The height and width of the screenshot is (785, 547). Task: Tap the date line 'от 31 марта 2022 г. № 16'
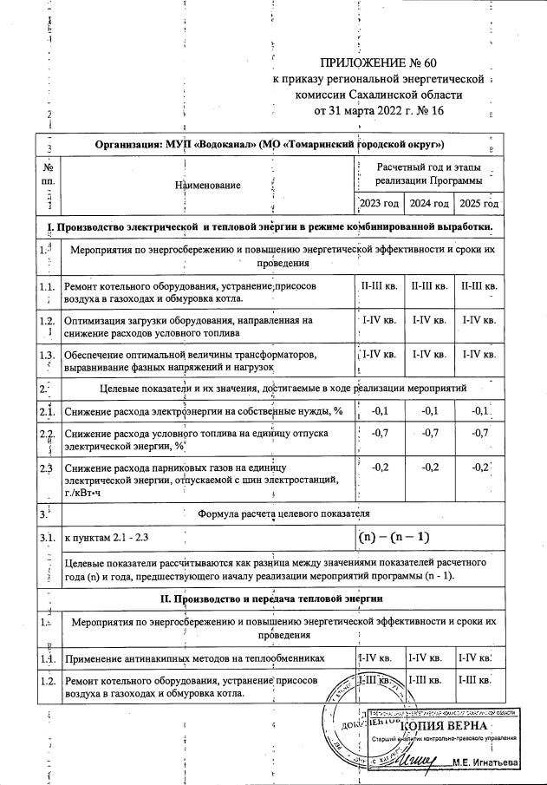click(379, 111)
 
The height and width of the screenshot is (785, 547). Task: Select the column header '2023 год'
click(380, 204)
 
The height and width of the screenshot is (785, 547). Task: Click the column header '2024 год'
click(429, 204)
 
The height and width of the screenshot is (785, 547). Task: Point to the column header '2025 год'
click(479, 204)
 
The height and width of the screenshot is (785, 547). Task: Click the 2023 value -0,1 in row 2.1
click(379, 410)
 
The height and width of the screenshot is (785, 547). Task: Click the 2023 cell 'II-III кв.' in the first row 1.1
click(379, 285)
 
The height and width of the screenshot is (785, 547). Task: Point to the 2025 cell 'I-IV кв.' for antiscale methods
click(479, 659)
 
